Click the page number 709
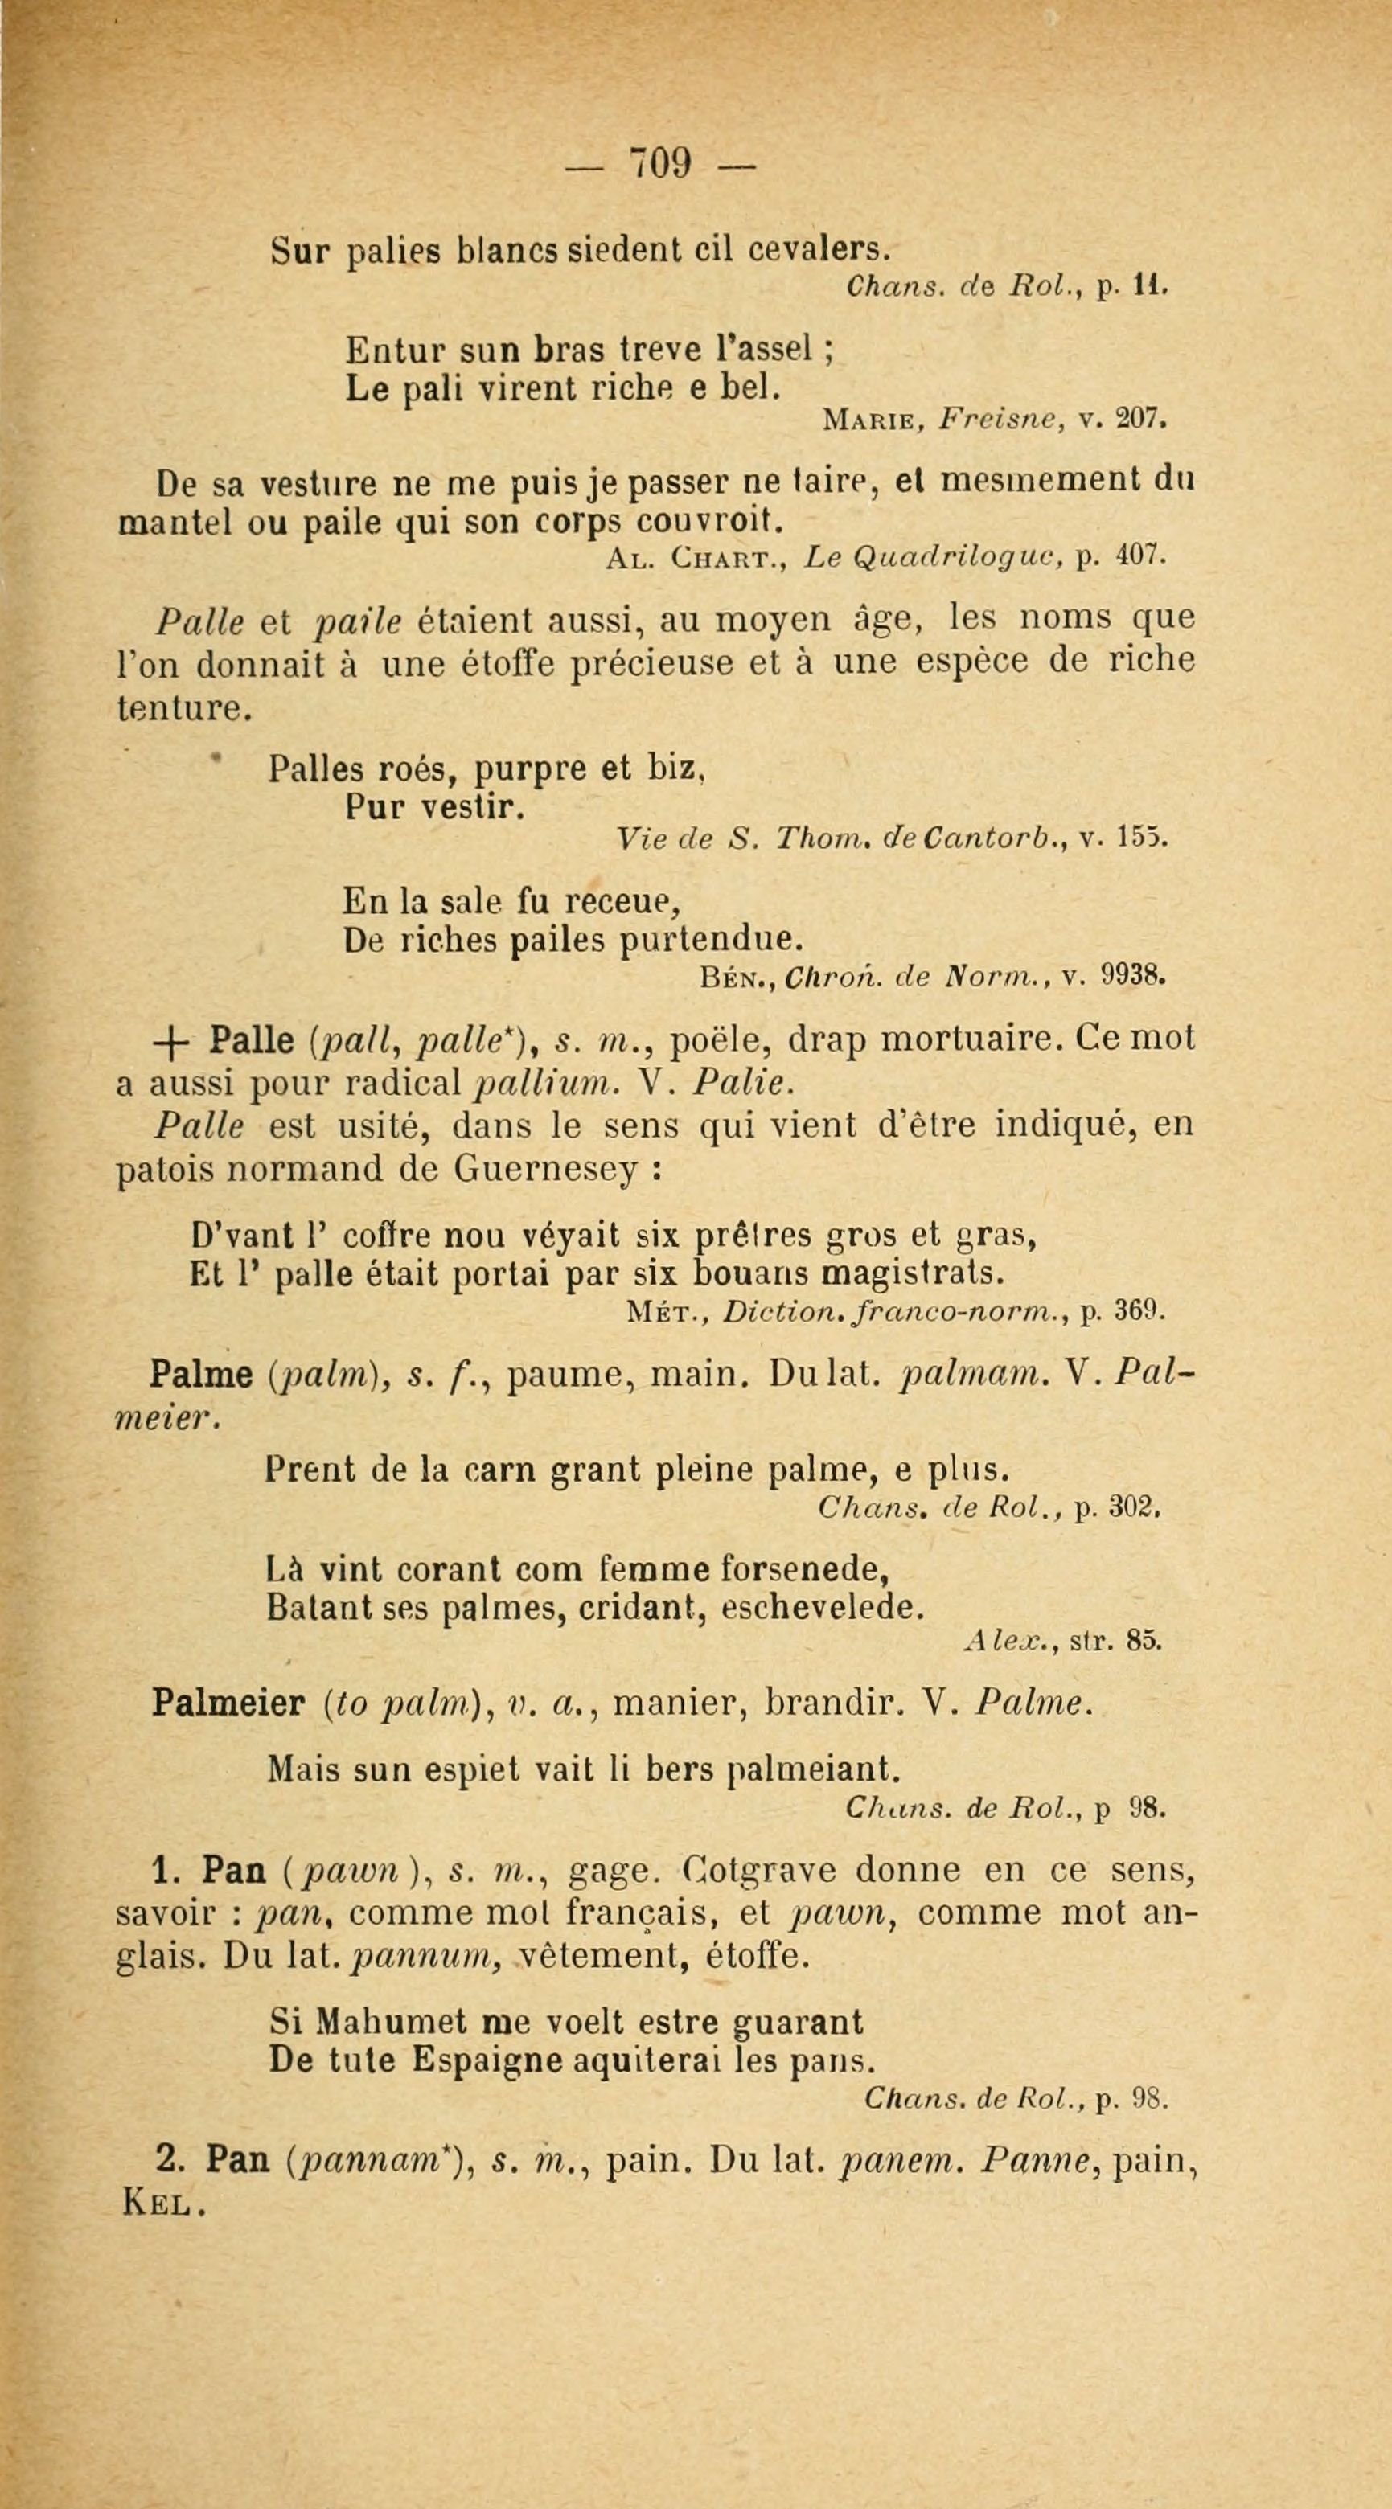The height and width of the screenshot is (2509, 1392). (x=660, y=162)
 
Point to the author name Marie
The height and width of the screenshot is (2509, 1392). (x=877, y=420)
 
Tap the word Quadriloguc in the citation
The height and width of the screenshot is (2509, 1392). (x=942, y=557)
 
